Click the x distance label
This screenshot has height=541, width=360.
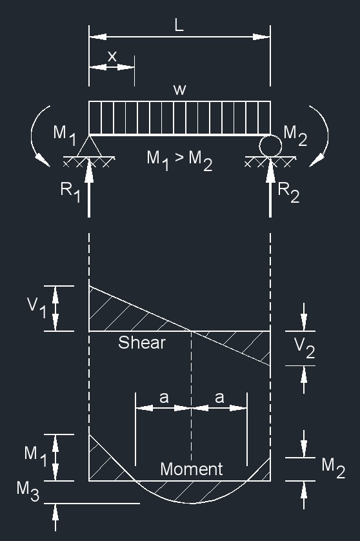[x=112, y=56]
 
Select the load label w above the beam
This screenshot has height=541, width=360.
[x=179, y=90]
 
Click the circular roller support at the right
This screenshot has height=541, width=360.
[x=270, y=145]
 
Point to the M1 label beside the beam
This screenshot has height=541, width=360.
[x=65, y=134]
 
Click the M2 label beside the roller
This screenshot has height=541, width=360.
[x=295, y=134]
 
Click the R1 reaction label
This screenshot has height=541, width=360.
[x=70, y=192]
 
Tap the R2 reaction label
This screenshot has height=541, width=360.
[x=288, y=192]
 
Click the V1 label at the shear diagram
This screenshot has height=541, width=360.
[x=36, y=309]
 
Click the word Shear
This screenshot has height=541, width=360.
[x=141, y=343]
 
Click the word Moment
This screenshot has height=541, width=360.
[x=191, y=469]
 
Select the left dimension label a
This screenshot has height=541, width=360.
[x=163, y=398]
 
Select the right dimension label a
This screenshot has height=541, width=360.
[x=219, y=398]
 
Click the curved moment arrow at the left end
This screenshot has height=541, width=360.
[x=37, y=136]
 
